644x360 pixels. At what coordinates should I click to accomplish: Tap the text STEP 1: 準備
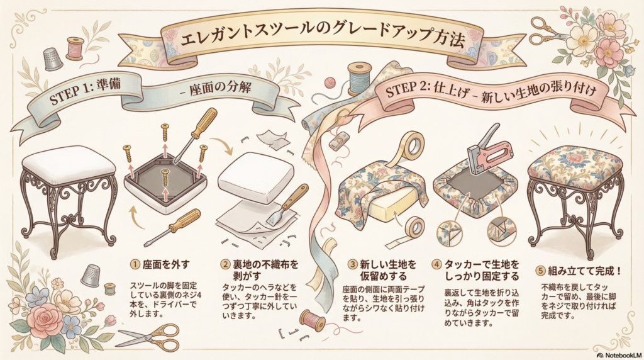(85, 91)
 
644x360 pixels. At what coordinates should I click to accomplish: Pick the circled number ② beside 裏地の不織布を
(226, 264)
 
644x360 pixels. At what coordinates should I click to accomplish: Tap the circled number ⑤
(541, 272)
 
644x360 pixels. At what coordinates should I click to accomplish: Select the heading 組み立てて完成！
(585, 272)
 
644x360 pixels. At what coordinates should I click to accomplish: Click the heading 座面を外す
(166, 265)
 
